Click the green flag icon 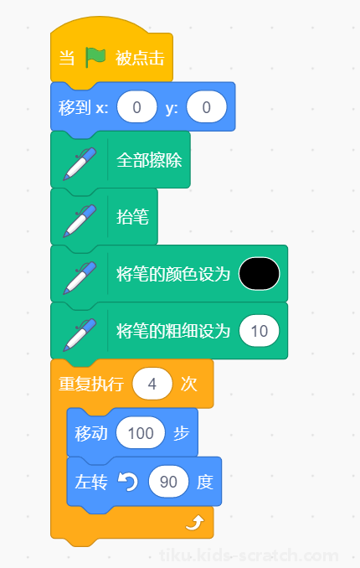(95, 58)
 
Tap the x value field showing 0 (137, 107)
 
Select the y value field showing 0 (207, 107)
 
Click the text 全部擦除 (149, 160)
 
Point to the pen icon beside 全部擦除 (80, 163)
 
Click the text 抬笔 (132, 217)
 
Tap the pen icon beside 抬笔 (80, 220)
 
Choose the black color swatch (260, 273)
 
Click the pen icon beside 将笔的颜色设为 (80, 278)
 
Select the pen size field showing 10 (260, 331)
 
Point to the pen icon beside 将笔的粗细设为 (80, 335)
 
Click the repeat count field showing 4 (152, 384)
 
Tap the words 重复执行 (91, 384)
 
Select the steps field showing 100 (141, 433)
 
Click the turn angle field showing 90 (168, 482)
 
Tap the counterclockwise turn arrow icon (128, 482)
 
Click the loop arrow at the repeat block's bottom (195, 523)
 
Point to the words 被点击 (140, 58)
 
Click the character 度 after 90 (205, 483)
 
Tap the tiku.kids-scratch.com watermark (249, 555)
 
